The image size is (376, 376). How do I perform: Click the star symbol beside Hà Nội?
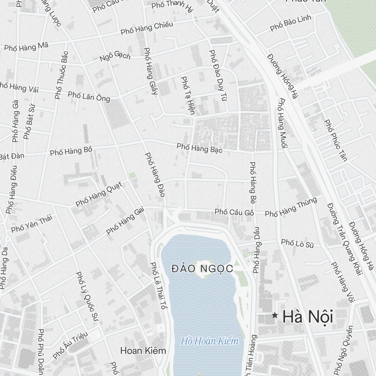[x=275, y=316]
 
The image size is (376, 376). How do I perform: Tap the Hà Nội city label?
[x=308, y=317]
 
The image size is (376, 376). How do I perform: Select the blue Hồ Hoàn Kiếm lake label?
[x=209, y=341]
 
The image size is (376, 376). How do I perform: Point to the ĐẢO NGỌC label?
[x=202, y=268]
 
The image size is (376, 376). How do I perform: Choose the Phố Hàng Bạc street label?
[x=200, y=148]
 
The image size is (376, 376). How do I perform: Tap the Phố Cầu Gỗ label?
[x=234, y=212]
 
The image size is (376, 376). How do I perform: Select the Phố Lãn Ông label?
[x=89, y=96]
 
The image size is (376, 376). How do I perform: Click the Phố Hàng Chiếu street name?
[x=147, y=28]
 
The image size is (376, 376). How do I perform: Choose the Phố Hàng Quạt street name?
[x=99, y=194]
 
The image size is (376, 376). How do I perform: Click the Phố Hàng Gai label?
[x=125, y=221]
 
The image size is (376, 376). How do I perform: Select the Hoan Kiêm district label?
[x=143, y=351]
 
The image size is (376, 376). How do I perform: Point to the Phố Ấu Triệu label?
[x=70, y=345]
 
